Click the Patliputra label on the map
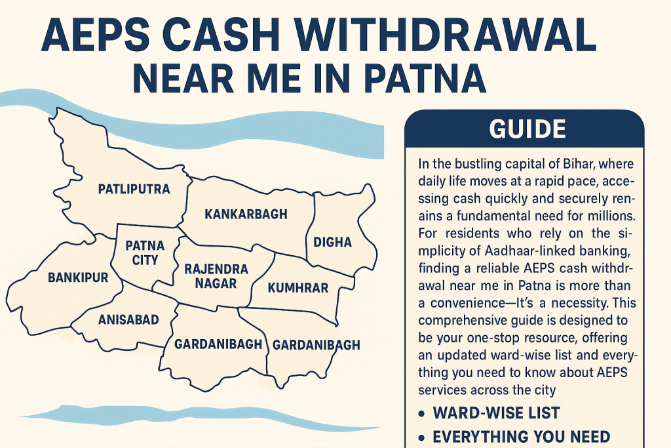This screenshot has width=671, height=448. (x=134, y=190)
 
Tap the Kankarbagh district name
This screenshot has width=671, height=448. (x=246, y=214)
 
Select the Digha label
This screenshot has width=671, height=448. (x=333, y=243)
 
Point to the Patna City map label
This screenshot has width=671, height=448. (x=145, y=253)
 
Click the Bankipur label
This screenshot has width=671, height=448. (x=77, y=277)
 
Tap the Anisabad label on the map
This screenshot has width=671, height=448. (x=128, y=319)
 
